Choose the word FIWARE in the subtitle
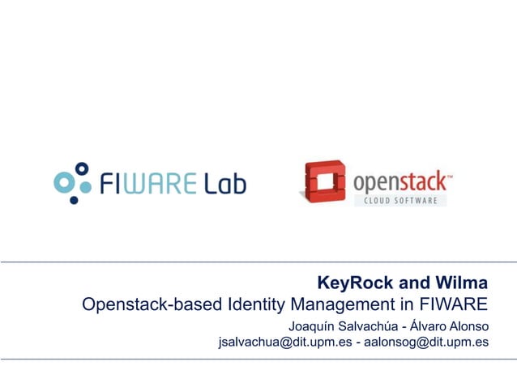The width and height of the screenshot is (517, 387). (454, 305)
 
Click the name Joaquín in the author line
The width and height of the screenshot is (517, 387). (313, 326)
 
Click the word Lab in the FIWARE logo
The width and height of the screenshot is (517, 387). (224, 184)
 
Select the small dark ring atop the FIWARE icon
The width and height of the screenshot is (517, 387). (81, 168)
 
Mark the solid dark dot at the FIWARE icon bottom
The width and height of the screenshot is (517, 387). (75, 199)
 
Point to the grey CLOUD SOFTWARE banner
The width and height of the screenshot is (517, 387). (399, 200)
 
